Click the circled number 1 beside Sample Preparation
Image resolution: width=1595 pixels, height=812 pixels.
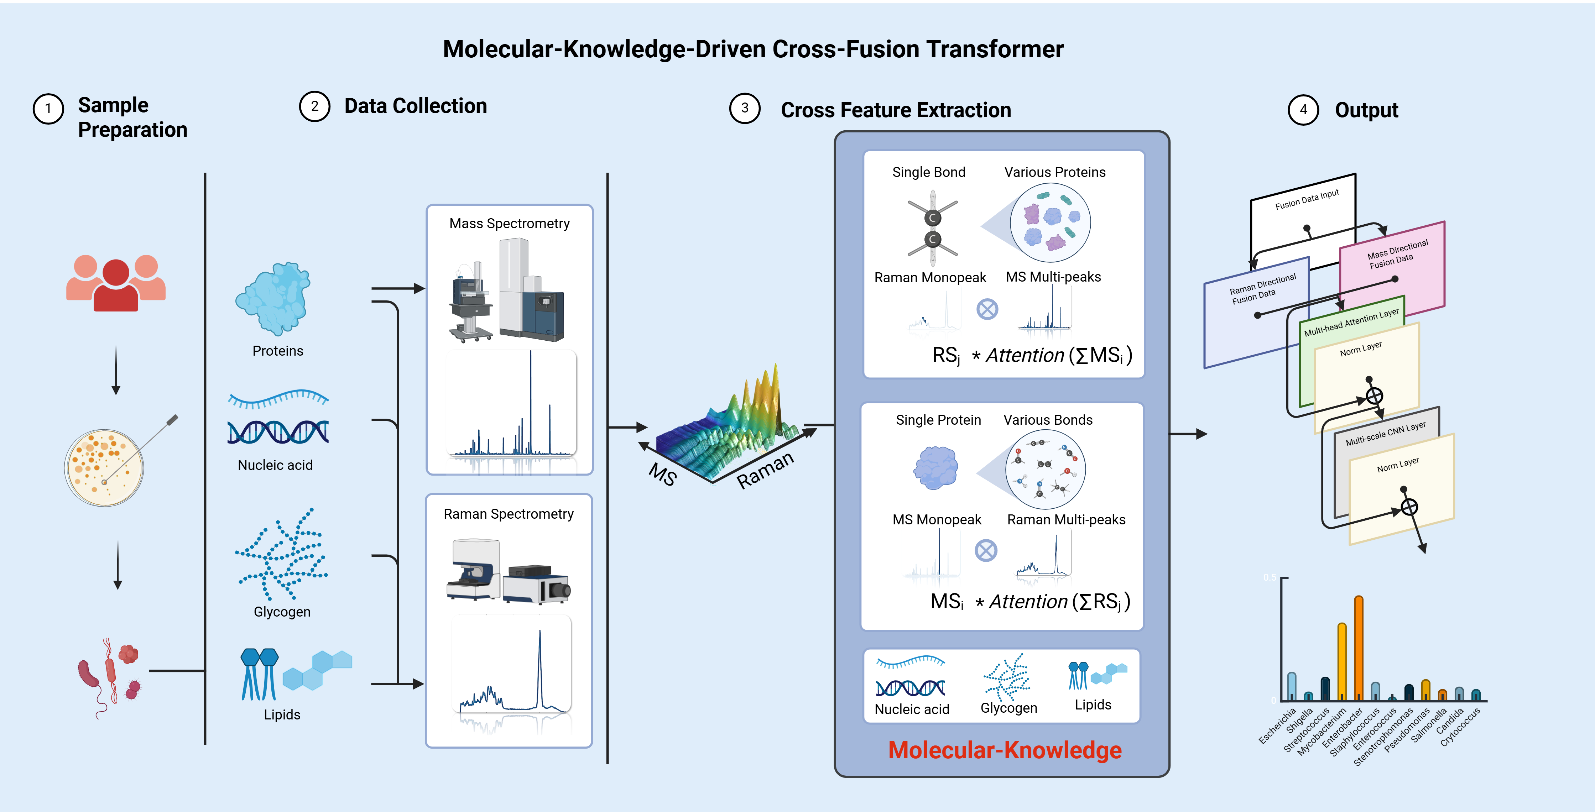click(48, 109)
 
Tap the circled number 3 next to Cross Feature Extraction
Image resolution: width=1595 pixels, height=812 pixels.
click(745, 108)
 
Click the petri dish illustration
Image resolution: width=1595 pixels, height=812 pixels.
click(104, 468)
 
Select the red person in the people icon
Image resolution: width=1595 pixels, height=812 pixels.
click(116, 285)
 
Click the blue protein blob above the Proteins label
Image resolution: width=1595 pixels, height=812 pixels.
click(274, 298)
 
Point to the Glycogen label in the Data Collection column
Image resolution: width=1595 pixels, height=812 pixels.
click(282, 612)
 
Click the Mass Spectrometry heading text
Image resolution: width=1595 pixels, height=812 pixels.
click(510, 224)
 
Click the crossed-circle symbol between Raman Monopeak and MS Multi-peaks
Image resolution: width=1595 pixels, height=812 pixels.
click(987, 309)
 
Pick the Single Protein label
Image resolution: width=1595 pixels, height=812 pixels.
click(939, 420)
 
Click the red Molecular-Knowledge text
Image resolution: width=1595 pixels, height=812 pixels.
click(1005, 750)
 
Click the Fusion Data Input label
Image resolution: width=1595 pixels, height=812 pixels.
click(1307, 199)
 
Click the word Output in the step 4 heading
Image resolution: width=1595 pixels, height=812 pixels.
click(1366, 110)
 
